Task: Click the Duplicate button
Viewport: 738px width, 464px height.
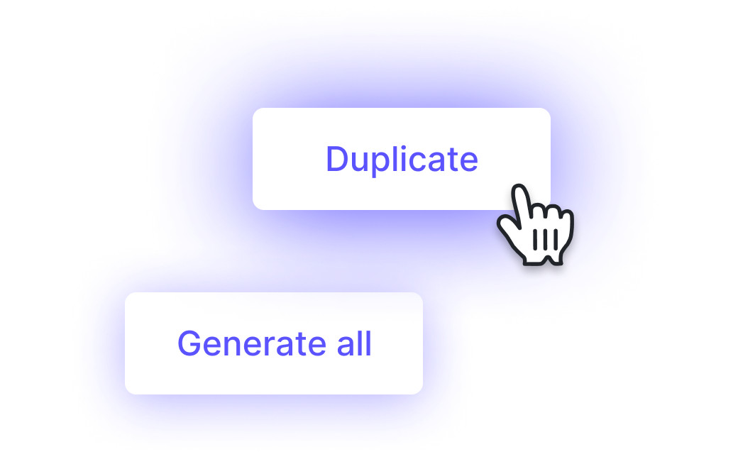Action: tap(402, 159)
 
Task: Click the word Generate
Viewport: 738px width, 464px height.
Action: tap(252, 343)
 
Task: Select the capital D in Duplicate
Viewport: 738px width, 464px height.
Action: tap(338, 159)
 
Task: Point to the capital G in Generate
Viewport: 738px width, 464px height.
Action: tap(189, 343)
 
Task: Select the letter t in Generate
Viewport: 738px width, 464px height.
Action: tap(301, 345)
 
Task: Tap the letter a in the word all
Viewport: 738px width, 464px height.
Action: tap(346, 347)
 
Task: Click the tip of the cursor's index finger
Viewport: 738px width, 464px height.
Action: tap(519, 187)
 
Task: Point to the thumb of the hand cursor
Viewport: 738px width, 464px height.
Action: tap(507, 226)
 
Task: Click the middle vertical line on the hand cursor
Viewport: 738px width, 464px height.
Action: tap(545, 240)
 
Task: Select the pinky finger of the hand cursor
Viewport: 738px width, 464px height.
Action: tap(567, 223)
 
